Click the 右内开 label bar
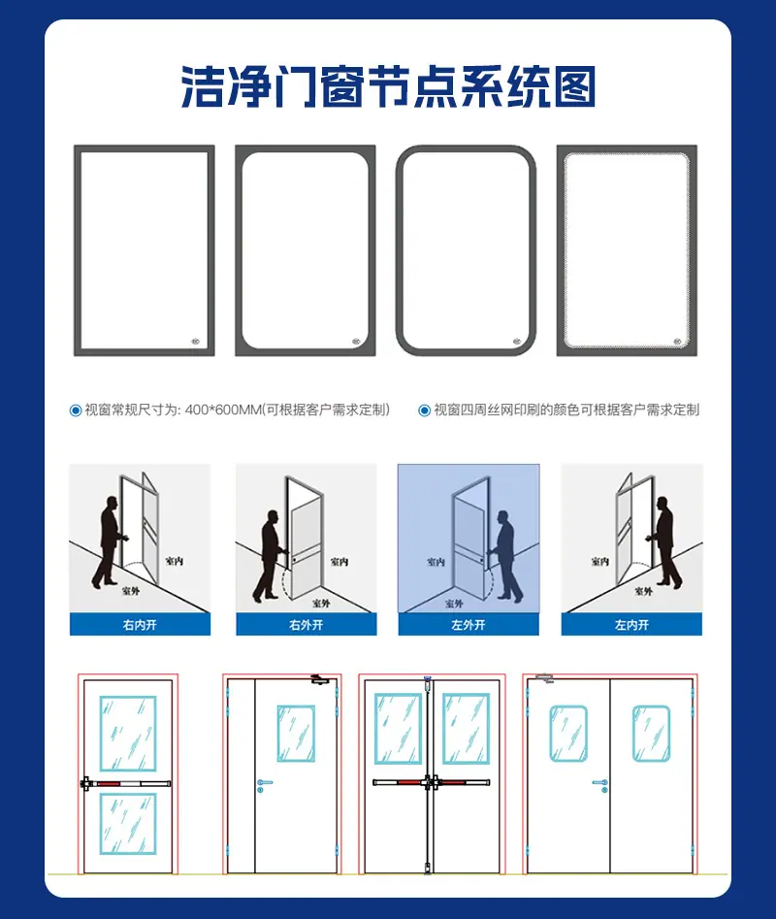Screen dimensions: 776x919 (140, 625)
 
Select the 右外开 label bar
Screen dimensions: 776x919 (307, 625)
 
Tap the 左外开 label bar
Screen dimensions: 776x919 (469, 625)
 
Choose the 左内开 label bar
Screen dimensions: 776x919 (631, 625)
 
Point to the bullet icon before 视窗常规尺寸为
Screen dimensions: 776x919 (76, 410)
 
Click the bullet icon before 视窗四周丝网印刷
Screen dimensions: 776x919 (425, 410)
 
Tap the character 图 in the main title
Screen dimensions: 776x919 (574, 86)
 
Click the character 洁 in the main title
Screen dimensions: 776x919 (202, 86)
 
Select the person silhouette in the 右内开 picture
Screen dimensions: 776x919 (109, 542)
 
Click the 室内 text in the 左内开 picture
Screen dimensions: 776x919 (599, 562)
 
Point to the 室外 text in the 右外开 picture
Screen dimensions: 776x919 (321, 603)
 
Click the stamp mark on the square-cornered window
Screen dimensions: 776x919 (196, 342)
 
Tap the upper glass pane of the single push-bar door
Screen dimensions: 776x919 (128, 734)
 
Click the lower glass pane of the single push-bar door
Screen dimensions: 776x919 (128, 824)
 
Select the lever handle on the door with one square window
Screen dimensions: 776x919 (264, 783)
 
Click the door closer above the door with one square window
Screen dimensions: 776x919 (320, 679)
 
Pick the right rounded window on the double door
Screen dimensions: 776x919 (651, 734)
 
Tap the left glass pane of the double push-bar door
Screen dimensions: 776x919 (399, 729)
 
